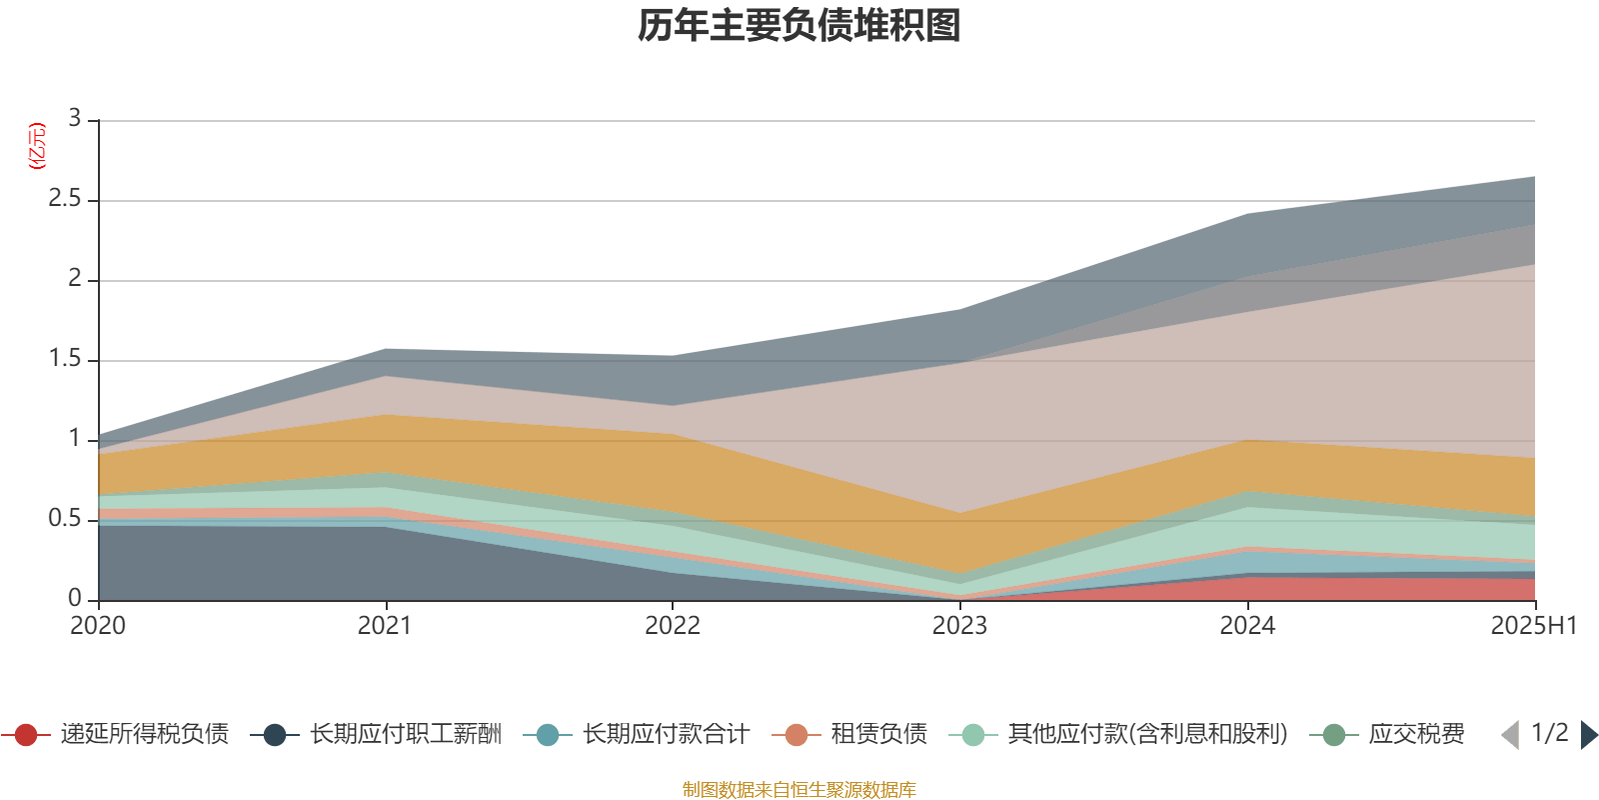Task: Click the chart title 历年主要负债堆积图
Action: (799, 26)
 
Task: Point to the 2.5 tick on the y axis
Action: (65, 199)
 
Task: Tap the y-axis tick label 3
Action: (75, 118)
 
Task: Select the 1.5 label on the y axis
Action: (65, 359)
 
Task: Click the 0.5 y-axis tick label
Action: (65, 519)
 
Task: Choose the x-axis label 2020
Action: (98, 626)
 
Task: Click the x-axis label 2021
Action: (385, 626)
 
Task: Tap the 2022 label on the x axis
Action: (673, 626)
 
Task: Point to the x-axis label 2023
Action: (959, 626)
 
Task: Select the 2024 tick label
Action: (1247, 626)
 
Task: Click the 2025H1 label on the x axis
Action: (1533, 626)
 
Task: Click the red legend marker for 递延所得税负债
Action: (26, 735)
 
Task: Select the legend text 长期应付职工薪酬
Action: (405, 735)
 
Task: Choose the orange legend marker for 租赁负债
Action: (797, 735)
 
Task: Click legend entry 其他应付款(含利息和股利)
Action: (1146, 735)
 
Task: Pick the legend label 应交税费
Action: (1416, 735)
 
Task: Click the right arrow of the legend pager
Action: (1588, 735)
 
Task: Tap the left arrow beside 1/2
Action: (1510, 735)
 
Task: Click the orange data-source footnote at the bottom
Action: (799, 790)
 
